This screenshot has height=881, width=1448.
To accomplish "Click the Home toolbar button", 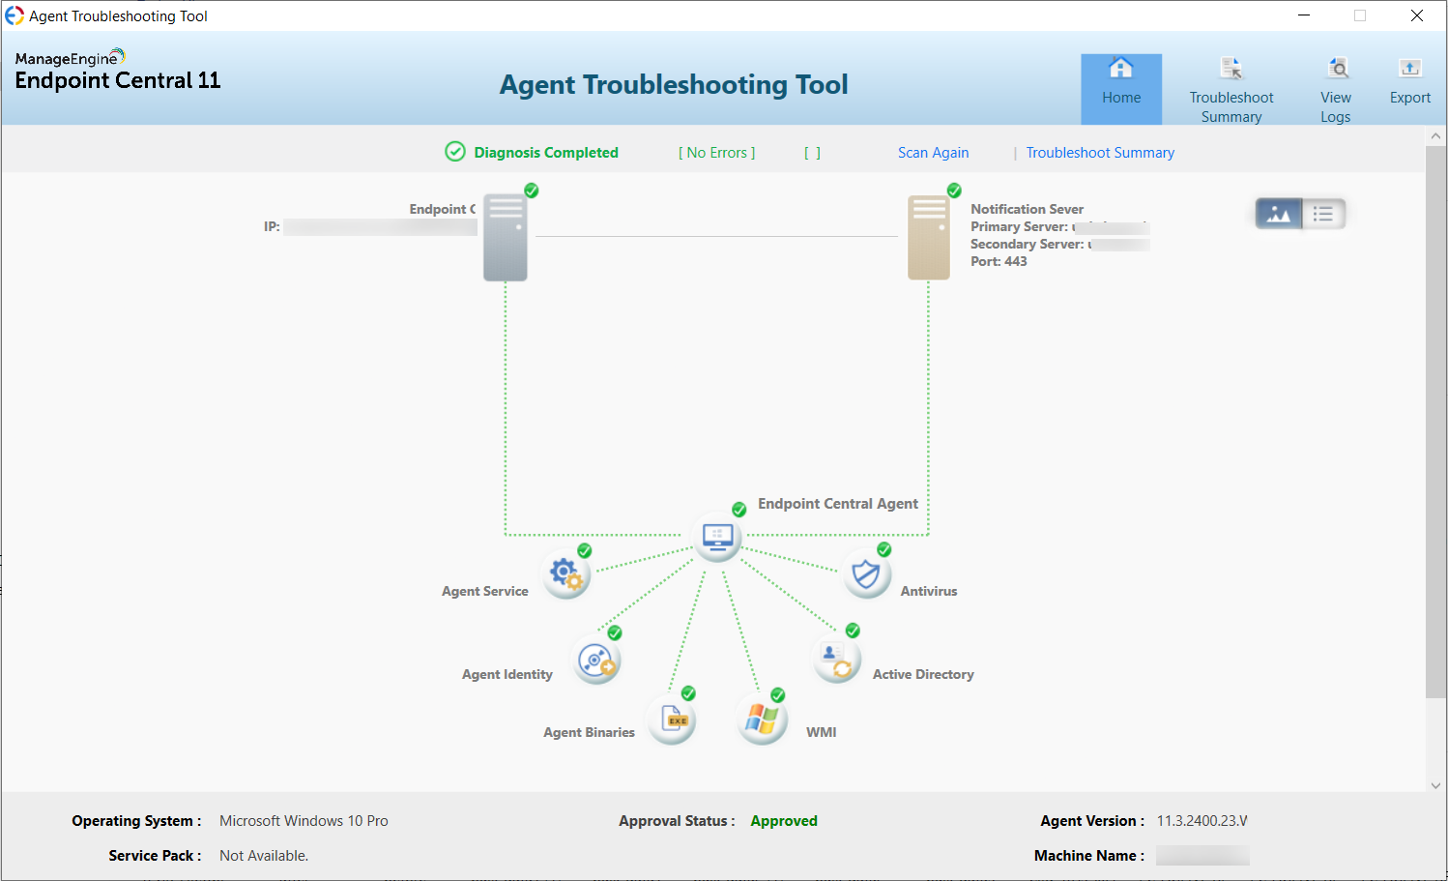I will tap(1121, 88).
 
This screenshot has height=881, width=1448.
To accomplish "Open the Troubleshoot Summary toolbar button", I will tap(1231, 90).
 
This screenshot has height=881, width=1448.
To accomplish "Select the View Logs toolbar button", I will tap(1336, 90).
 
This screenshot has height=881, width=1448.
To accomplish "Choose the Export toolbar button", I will tap(1409, 82).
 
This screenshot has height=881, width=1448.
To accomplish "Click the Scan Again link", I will tap(933, 153).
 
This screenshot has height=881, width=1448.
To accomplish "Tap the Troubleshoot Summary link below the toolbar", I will tap(1100, 153).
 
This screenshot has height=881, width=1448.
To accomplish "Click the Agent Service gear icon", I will tap(565, 574).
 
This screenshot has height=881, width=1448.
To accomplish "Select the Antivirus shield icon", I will tap(866, 574).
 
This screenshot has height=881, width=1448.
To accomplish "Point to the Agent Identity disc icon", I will tap(596, 661).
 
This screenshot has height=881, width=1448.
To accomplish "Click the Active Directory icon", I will tap(836, 660).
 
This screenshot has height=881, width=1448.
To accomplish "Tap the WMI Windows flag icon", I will tap(762, 720).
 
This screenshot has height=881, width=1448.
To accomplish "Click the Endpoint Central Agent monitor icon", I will tap(717, 537).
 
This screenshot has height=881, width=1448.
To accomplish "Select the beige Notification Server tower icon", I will tap(929, 238).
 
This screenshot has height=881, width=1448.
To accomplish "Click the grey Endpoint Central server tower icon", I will tap(506, 238).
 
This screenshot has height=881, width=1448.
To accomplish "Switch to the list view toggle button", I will tap(1323, 214).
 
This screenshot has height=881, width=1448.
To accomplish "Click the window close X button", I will tap(1416, 15).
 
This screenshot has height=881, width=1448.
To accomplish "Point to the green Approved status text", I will tap(784, 821).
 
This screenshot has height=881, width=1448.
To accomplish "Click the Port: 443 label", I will tap(999, 261).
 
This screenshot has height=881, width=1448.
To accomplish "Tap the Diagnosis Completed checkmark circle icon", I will tap(455, 152).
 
